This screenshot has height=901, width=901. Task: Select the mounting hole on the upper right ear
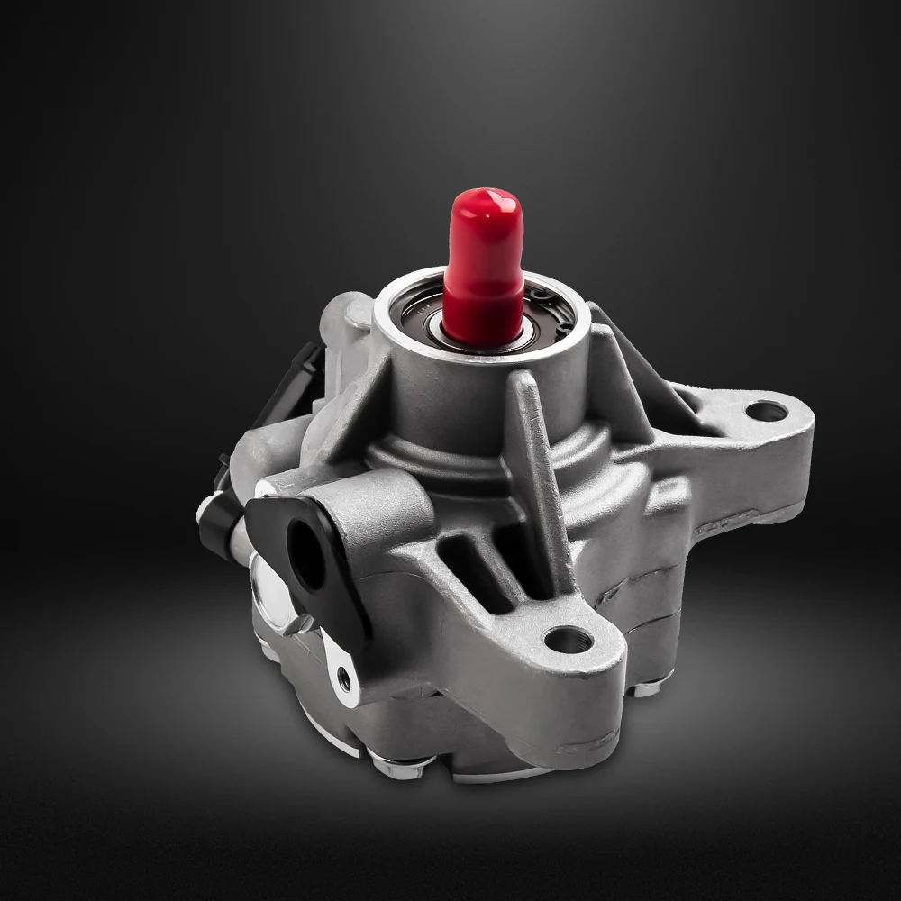766,412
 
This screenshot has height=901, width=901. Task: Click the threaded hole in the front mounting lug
569,641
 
